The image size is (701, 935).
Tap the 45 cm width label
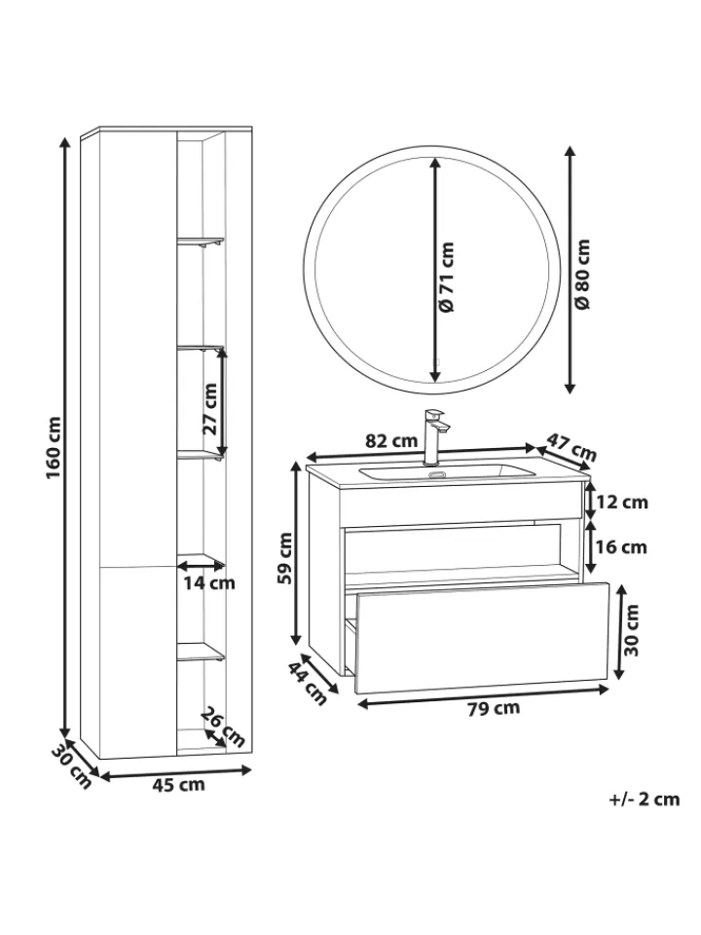(178, 784)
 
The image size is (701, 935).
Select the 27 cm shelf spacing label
(210, 409)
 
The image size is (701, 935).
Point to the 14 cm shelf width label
(208, 582)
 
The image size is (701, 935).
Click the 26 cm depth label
(222, 727)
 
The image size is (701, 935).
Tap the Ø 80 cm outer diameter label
(582, 274)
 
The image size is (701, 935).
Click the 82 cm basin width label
(391, 441)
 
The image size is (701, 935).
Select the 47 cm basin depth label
(572, 447)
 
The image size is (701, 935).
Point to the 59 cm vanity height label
(285, 558)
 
